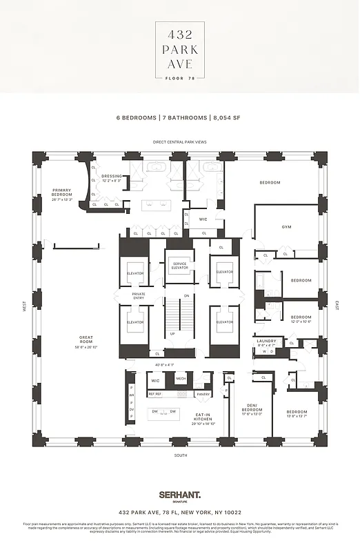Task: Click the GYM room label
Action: [x=286, y=226]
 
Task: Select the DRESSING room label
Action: [x=111, y=177]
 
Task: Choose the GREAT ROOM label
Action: [x=86, y=339]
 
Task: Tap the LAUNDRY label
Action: [x=266, y=342]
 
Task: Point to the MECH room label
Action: [x=181, y=378]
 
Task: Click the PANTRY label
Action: [x=202, y=394]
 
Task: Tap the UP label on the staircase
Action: [x=172, y=333]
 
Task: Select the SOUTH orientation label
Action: [x=180, y=456]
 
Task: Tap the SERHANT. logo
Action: [x=179, y=495]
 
